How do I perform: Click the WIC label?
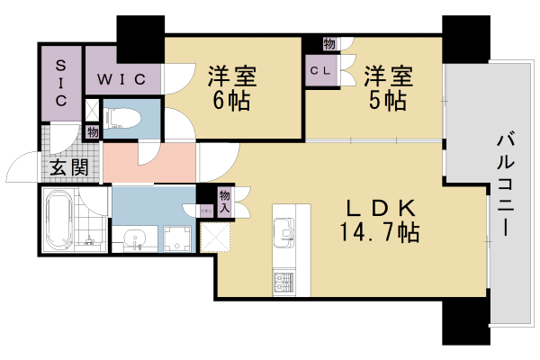122,78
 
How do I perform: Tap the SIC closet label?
60,84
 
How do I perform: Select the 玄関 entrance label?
62,166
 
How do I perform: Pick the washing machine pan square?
176,238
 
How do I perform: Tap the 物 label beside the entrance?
92,131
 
